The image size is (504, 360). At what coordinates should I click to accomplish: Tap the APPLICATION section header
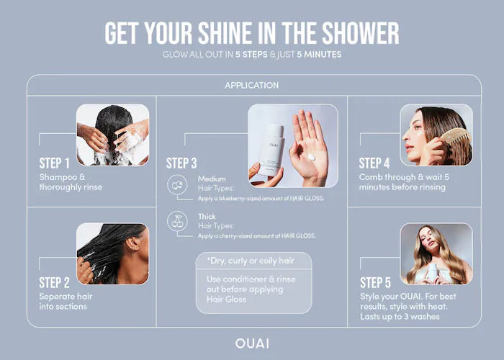(252, 86)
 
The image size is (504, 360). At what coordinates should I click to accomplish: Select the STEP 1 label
(54, 163)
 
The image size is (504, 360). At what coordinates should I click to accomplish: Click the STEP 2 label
(54, 283)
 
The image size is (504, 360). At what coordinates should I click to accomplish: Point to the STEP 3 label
(181, 163)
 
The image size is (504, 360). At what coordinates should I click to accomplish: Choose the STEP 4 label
(374, 163)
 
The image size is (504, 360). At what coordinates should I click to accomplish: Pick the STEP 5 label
(375, 283)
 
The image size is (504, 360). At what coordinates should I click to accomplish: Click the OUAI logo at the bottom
(252, 343)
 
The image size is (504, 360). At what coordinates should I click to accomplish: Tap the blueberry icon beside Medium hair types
(177, 185)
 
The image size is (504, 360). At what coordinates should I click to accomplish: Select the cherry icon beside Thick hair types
(177, 221)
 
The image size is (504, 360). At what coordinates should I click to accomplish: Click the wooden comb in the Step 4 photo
(456, 138)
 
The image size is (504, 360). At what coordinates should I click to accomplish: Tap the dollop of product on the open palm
(311, 157)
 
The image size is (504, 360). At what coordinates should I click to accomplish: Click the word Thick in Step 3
(207, 217)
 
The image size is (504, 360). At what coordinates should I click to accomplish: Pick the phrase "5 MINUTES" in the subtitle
(319, 54)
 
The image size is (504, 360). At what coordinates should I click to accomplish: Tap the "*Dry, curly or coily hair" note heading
(251, 261)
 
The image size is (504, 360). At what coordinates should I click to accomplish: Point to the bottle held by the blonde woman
(432, 272)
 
